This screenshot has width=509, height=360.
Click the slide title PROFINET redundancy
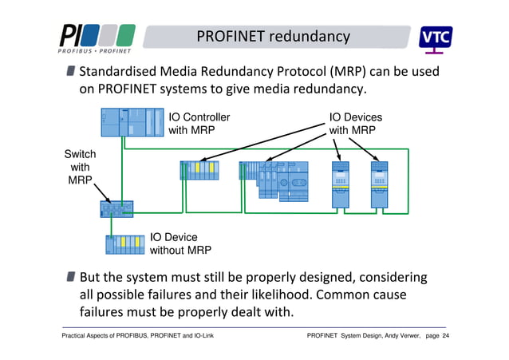point(273,37)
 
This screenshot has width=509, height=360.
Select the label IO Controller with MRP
point(199,124)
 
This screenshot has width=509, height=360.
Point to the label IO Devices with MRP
point(356,124)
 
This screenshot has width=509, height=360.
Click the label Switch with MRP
point(80,168)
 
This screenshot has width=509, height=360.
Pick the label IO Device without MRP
point(180,243)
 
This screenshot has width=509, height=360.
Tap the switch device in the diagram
point(116,209)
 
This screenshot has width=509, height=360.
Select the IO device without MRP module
point(126,243)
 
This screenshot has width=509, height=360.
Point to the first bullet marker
point(73,73)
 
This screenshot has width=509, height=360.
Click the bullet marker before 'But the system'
point(73,277)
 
